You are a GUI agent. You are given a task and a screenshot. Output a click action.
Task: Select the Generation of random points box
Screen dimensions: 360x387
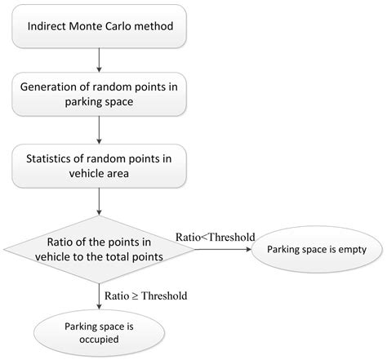coord(99,96)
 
